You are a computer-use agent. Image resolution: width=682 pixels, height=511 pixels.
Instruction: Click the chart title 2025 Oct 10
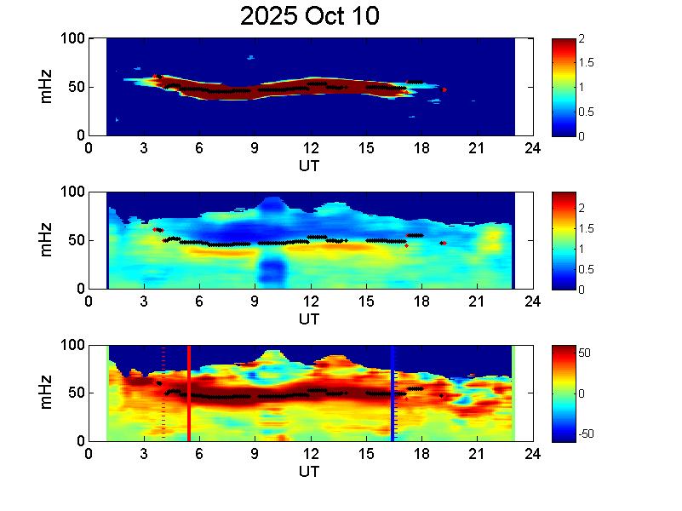[x=309, y=16]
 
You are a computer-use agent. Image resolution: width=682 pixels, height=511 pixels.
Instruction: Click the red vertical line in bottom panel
[x=188, y=392]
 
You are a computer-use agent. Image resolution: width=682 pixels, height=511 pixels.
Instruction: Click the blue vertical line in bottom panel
[x=393, y=392]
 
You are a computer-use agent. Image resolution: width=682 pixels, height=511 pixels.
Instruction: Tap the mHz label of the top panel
[x=48, y=87]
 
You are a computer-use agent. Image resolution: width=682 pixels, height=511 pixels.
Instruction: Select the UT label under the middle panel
[x=309, y=319]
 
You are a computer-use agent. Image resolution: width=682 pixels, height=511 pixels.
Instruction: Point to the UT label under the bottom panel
[x=309, y=473]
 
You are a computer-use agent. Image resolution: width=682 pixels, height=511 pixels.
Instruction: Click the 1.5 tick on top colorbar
[x=587, y=63]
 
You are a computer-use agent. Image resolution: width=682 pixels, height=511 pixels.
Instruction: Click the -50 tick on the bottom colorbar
[x=589, y=433]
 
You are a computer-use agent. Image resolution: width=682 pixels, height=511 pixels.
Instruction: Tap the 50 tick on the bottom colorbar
[x=587, y=353]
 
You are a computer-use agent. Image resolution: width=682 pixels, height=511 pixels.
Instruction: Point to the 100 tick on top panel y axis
[x=72, y=38]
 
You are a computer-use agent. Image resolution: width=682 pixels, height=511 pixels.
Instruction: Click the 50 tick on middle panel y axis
[x=75, y=241]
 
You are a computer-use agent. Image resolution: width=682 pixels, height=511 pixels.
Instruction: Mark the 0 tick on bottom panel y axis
[x=79, y=441]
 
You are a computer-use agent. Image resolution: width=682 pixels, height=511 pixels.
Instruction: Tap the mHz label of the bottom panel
[x=48, y=393]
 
